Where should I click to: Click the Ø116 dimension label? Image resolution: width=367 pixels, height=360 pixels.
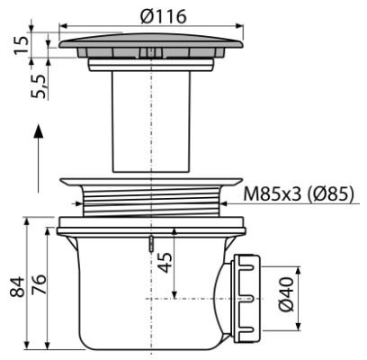(164, 16)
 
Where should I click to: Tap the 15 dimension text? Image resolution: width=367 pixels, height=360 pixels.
(22, 45)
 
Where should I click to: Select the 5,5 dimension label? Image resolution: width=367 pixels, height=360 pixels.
(39, 87)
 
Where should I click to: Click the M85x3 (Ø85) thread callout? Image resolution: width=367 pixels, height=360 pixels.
(299, 194)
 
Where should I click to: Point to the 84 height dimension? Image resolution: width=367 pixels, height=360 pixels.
(17, 287)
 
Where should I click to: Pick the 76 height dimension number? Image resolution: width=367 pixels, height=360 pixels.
(39, 284)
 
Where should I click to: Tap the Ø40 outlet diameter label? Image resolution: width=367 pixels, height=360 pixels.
(285, 294)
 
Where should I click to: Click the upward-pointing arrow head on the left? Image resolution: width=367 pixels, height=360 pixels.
(39, 130)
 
